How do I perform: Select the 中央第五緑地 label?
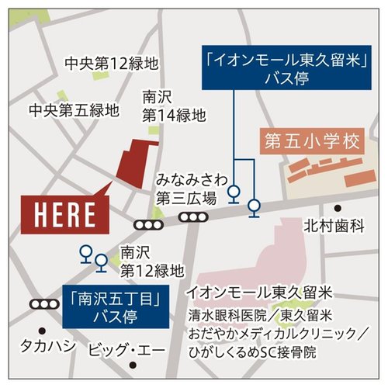pos(74,110)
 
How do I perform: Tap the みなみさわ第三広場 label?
pos(186,187)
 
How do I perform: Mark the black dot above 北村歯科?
pos(338,208)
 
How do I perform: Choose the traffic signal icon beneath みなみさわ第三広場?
pos(191,217)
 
